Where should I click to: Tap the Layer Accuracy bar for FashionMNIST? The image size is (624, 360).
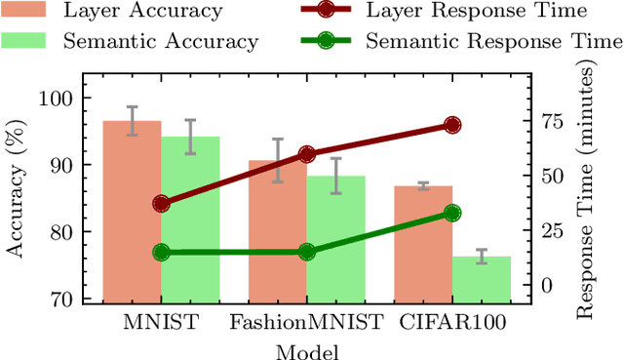278,234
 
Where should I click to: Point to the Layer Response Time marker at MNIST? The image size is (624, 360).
161,204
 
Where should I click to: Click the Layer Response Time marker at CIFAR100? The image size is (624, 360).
452,125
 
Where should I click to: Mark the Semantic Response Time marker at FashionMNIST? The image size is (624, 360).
307,252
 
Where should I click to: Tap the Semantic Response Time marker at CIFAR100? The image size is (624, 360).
452,213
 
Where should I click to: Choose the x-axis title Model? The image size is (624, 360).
306,348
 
